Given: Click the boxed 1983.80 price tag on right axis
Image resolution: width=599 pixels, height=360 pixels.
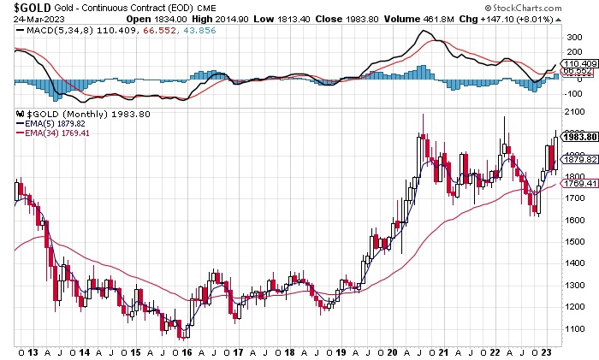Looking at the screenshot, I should [580, 137].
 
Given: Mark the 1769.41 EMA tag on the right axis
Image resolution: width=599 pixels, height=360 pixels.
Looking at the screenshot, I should [580, 182].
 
